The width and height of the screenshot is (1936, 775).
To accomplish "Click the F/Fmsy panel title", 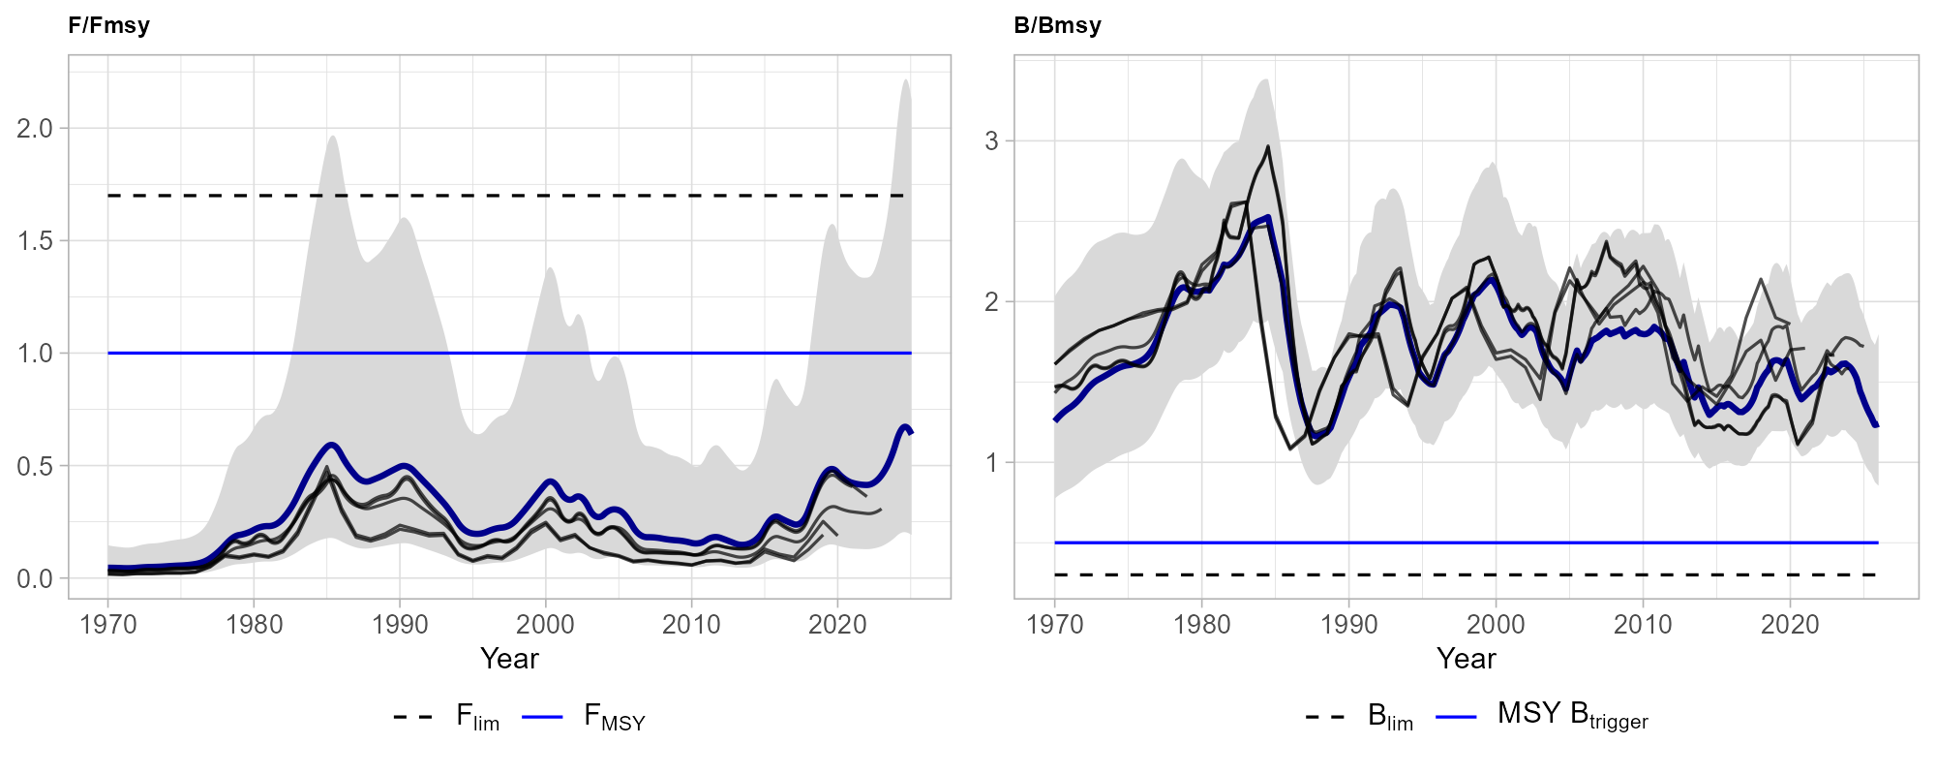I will click(108, 25).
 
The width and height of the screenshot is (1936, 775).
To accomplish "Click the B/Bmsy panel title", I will click(1057, 25).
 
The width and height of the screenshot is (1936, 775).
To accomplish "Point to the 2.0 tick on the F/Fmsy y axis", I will click(35, 128).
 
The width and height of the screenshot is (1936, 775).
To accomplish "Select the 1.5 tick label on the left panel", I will click(35, 240).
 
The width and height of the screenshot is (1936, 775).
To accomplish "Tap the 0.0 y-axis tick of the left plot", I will click(35, 578).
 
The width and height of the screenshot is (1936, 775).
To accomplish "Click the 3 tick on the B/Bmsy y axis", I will click(991, 140).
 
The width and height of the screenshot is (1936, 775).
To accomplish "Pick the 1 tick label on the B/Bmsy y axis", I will click(991, 462).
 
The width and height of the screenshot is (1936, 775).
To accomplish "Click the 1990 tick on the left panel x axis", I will click(400, 624).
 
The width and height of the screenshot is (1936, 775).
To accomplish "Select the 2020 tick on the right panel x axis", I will click(1790, 624).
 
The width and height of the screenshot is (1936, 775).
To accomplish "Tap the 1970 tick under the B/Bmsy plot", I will click(1055, 624).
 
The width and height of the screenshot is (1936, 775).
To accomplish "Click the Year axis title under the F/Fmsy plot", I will click(509, 659).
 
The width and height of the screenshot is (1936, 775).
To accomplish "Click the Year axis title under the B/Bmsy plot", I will click(1466, 659).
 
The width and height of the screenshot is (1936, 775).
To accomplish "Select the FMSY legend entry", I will click(614, 717).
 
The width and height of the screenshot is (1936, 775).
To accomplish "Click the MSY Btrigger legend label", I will click(1572, 715).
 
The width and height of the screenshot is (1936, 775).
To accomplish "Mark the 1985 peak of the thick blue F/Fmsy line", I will click(332, 445).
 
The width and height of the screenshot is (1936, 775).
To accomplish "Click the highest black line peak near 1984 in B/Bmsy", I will click(1268, 147).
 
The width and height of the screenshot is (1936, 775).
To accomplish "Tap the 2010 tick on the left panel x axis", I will click(691, 624).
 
